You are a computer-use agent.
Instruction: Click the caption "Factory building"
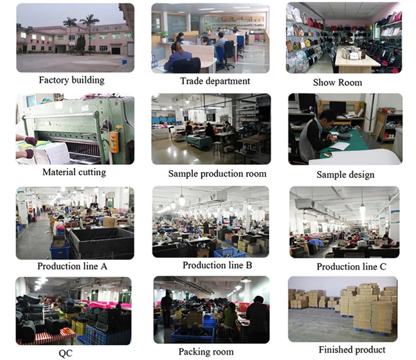click(x=72, y=80)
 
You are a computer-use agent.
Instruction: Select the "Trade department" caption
click(x=215, y=81)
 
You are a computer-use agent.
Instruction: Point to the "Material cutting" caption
click(x=74, y=172)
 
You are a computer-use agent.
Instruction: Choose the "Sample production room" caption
click(x=217, y=174)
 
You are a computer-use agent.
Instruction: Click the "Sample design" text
click(x=345, y=174)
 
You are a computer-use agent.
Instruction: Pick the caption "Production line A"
click(x=72, y=266)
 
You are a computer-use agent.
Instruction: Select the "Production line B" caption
click(x=216, y=265)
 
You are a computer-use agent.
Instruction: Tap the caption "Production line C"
click(x=351, y=266)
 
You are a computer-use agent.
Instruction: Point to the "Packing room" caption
click(x=206, y=352)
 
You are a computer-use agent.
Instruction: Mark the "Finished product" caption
click(x=352, y=349)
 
